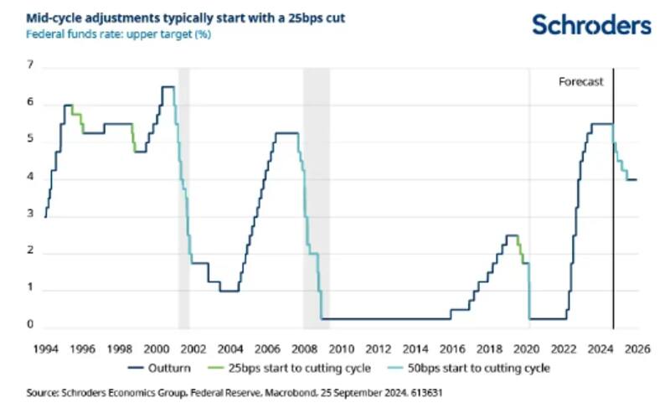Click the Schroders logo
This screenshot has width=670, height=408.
pos(591,24)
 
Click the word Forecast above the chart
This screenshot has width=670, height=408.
pos(580,81)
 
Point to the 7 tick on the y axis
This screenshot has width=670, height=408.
pos(30,65)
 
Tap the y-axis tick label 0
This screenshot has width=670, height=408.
pos(30,325)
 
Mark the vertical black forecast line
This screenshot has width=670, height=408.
pos(614,209)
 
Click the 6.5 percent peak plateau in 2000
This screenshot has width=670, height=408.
pos(167,86)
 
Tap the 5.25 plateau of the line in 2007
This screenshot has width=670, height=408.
pos(286,132)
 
